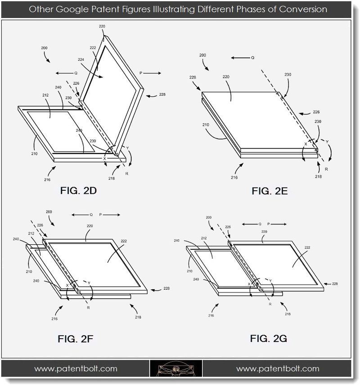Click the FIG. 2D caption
[x=78, y=191]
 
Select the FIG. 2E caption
[x=270, y=191]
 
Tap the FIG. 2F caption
[x=75, y=339]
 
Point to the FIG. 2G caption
[x=268, y=338]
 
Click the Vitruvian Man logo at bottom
[x=176, y=368]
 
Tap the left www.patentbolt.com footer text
[x=76, y=369]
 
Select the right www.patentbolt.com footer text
[x=278, y=369]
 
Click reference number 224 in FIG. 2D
[x=81, y=59]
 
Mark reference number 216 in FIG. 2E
[x=234, y=177]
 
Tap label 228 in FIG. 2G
[x=335, y=283]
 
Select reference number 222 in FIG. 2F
[x=124, y=241]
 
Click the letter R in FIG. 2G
[x=270, y=304]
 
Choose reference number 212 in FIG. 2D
[x=45, y=95]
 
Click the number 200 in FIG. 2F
[x=49, y=212]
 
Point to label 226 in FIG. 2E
[x=316, y=112]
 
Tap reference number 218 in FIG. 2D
[x=111, y=178]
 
